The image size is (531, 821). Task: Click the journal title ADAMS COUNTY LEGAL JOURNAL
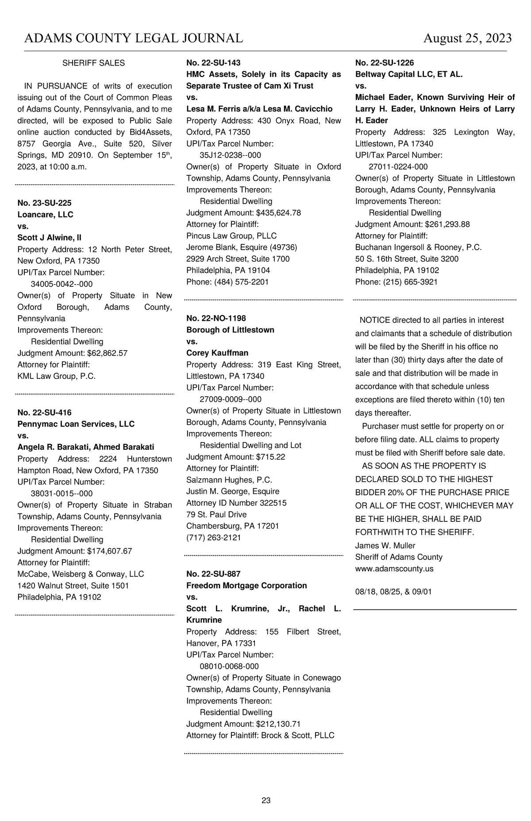133,39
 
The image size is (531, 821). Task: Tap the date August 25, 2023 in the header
467,39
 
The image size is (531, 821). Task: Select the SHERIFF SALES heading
93,63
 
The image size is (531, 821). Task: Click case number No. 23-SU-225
44,203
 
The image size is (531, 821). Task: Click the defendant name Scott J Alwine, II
49,238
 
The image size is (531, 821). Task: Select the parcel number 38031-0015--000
62,493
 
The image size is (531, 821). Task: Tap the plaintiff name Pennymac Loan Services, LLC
76,424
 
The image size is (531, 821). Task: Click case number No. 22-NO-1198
216,318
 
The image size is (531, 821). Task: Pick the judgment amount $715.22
270,457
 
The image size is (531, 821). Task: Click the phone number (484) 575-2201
241,282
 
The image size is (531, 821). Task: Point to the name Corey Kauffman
217,353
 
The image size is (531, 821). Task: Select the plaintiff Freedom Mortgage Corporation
246,586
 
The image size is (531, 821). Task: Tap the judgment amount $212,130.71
278,724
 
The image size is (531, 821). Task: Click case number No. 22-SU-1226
385,63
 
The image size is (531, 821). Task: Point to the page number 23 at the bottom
266,800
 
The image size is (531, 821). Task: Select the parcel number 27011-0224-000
398,167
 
